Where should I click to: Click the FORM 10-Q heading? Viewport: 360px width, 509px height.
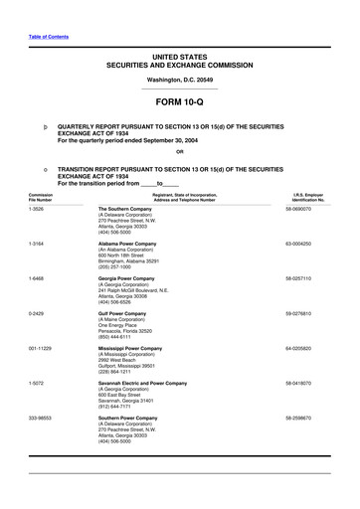point(179,102)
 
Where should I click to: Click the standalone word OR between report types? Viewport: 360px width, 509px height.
point(179,151)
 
